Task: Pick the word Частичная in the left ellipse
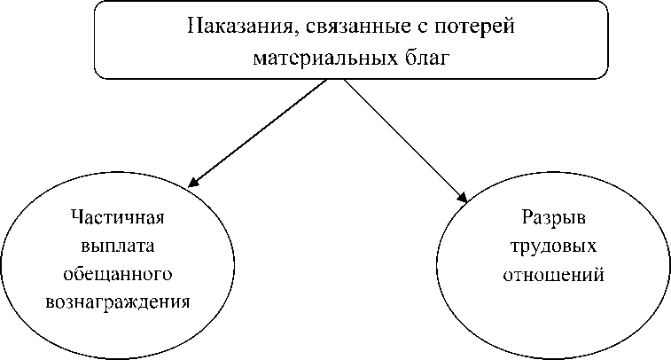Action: pos(117,218)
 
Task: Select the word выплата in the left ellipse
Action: pos(117,246)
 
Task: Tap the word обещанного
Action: pos(117,273)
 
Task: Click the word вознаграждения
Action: pos(117,301)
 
